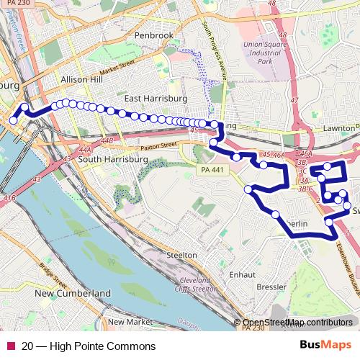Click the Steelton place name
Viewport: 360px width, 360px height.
click(181, 255)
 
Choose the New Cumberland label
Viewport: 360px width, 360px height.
click(73, 293)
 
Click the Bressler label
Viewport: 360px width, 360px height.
click(271, 287)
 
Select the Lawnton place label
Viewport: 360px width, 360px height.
click(340, 127)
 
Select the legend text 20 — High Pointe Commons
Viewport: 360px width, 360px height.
click(89, 346)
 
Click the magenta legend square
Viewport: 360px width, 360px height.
click(10, 346)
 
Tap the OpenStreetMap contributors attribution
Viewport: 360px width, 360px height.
click(297, 323)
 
